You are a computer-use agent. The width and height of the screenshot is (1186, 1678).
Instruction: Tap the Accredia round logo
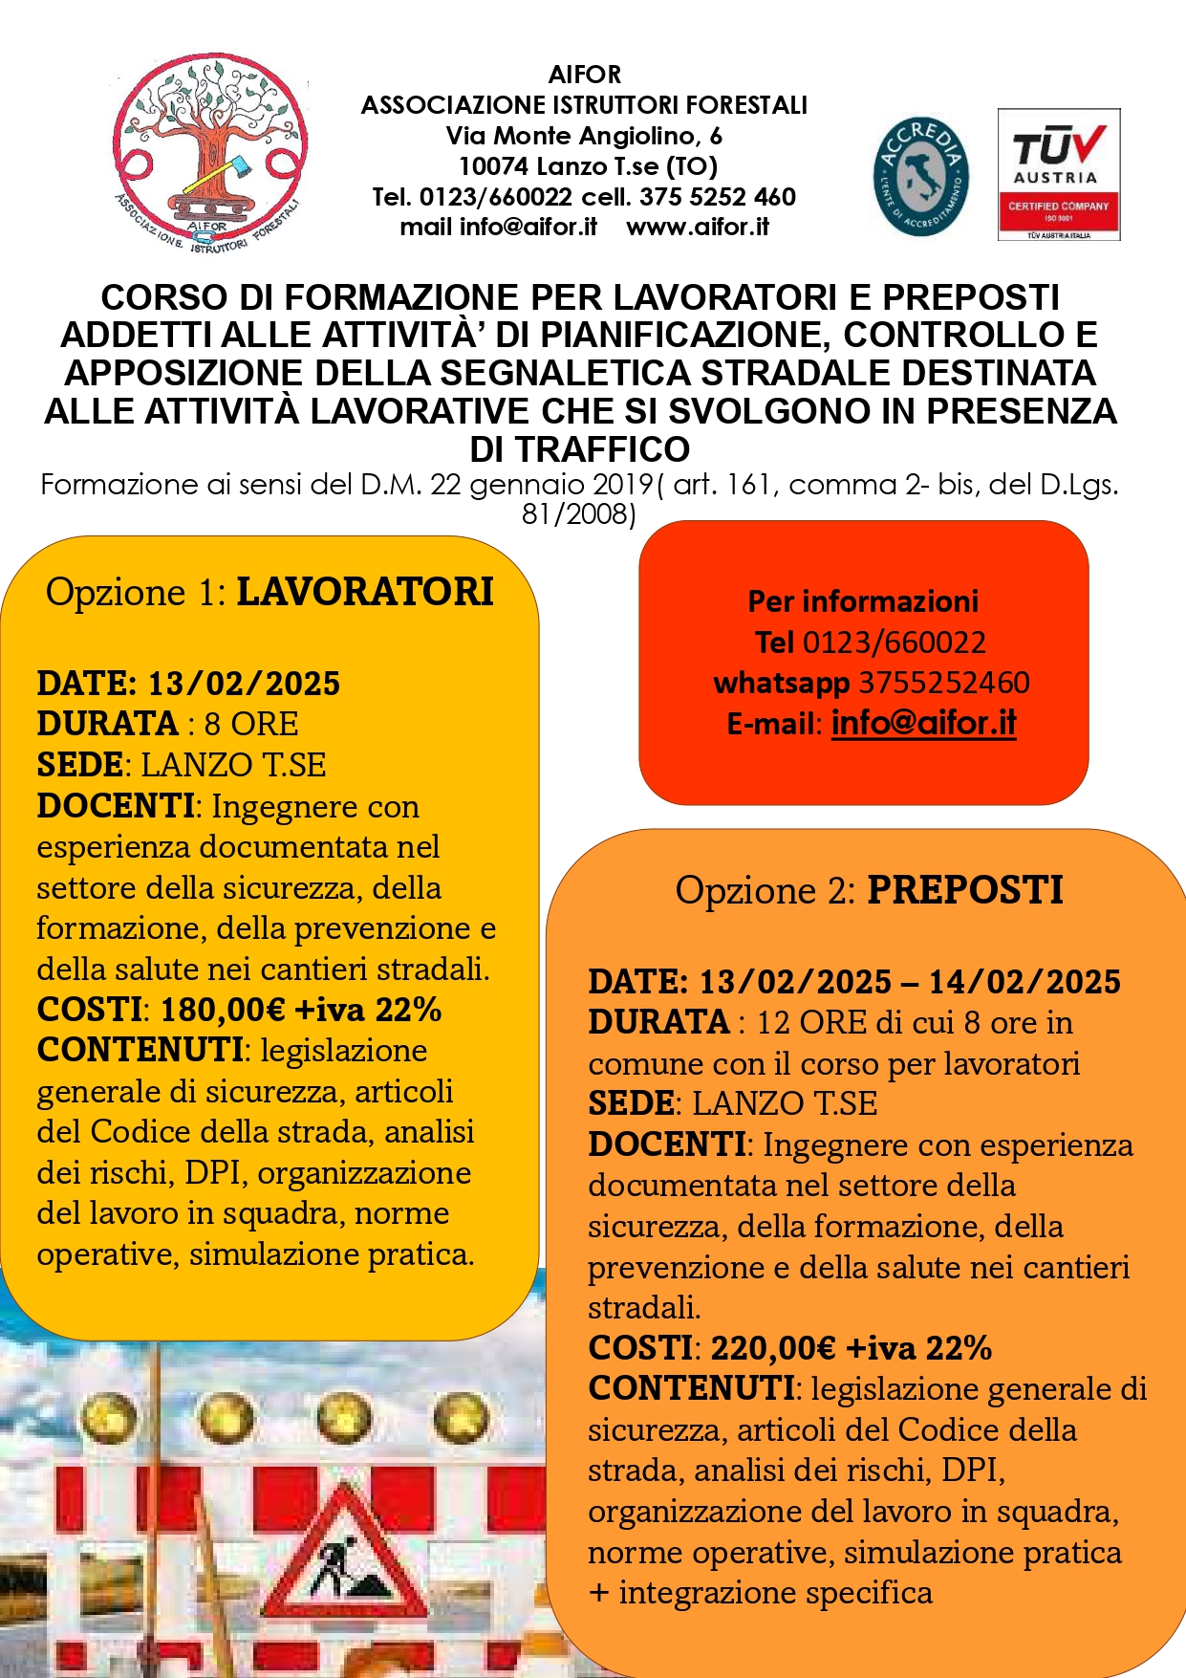click(x=920, y=177)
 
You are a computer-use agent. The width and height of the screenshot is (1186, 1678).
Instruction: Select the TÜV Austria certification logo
click(x=1058, y=174)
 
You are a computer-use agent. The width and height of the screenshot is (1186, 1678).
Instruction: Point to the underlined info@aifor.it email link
click(x=923, y=723)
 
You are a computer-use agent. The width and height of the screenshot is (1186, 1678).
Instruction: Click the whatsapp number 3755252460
click(x=944, y=683)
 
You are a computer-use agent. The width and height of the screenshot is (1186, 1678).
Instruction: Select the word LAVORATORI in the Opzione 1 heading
click(x=365, y=592)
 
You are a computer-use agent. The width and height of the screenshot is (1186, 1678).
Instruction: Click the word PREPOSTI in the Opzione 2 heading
click(x=964, y=890)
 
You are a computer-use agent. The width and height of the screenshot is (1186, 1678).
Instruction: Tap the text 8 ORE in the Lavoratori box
click(x=251, y=724)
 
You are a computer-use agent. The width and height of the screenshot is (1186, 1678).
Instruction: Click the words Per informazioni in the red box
click(x=863, y=601)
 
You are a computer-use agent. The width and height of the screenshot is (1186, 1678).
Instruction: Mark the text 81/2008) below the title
click(x=579, y=514)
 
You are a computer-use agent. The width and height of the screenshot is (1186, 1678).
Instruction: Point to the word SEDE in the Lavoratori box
click(x=79, y=765)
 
